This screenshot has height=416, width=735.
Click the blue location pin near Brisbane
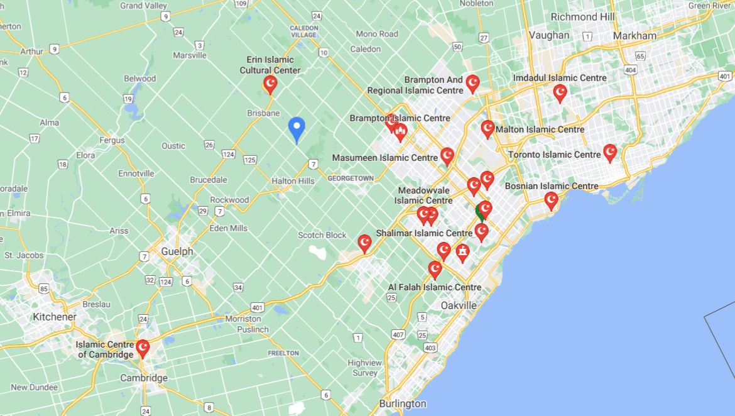point(297,128)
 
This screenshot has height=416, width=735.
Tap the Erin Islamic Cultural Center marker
point(270,84)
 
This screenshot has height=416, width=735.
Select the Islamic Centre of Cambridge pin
point(143,348)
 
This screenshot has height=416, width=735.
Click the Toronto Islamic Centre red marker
point(609,152)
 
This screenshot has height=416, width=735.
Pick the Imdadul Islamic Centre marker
point(560,92)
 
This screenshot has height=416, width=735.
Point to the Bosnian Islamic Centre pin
point(551,200)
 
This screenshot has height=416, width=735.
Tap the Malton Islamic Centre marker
point(487,128)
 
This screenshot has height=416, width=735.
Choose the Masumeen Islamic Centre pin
point(447,155)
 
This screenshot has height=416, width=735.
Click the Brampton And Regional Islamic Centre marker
point(472,83)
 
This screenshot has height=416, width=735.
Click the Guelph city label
point(177,251)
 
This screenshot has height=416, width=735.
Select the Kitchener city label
point(55,317)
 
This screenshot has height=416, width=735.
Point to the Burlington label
point(403,403)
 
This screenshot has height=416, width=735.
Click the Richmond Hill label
point(583,17)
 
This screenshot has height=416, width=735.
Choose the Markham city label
point(634,36)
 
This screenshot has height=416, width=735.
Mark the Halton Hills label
point(293,181)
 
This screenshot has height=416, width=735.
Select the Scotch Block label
point(322,235)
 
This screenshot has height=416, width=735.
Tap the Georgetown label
point(350,178)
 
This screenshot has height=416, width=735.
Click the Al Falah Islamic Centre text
point(434,287)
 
